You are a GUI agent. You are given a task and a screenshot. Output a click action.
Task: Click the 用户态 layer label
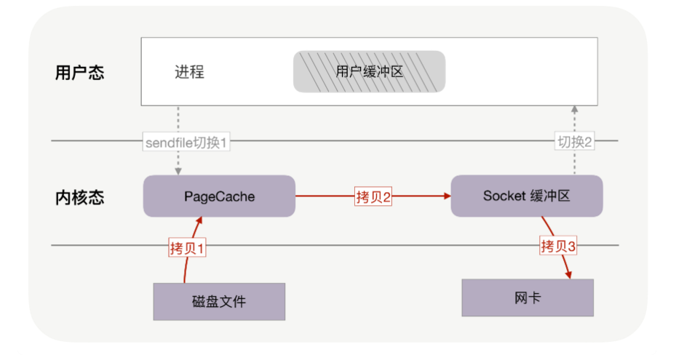(79, 73)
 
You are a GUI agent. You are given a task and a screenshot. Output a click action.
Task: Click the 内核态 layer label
(79, 198)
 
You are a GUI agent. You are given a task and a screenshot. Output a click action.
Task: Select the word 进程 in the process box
(189, 72)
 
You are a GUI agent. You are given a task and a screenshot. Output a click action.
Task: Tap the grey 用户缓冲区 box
(369, 71)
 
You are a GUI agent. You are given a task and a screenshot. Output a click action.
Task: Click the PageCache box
(219, 196)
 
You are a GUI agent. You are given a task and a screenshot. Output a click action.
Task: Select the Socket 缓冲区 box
(527, 196)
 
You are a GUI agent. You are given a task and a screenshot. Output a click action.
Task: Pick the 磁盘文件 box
(219, 301)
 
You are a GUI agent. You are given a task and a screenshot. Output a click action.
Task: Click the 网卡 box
(527, 297)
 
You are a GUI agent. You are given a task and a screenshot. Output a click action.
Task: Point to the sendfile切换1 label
(187, 143)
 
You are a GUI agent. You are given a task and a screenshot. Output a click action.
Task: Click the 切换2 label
(575, 143)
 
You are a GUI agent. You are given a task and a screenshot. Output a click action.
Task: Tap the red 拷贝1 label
(188, 248)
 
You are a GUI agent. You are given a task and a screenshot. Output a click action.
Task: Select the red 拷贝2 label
(373, 196)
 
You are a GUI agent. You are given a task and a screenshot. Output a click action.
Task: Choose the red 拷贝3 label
(558, 246)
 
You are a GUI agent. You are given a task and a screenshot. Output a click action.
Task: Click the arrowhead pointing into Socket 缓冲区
(446, 196)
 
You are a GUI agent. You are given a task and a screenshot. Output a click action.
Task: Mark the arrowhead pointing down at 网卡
(568, 274)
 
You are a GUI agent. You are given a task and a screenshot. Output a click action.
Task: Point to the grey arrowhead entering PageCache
(178, 171)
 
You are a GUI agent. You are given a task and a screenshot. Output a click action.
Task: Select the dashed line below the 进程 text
(178, 119)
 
